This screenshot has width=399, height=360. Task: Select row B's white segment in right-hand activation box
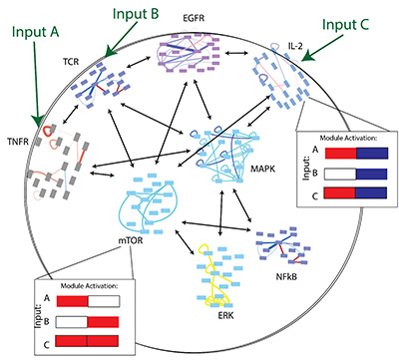(335, 178)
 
